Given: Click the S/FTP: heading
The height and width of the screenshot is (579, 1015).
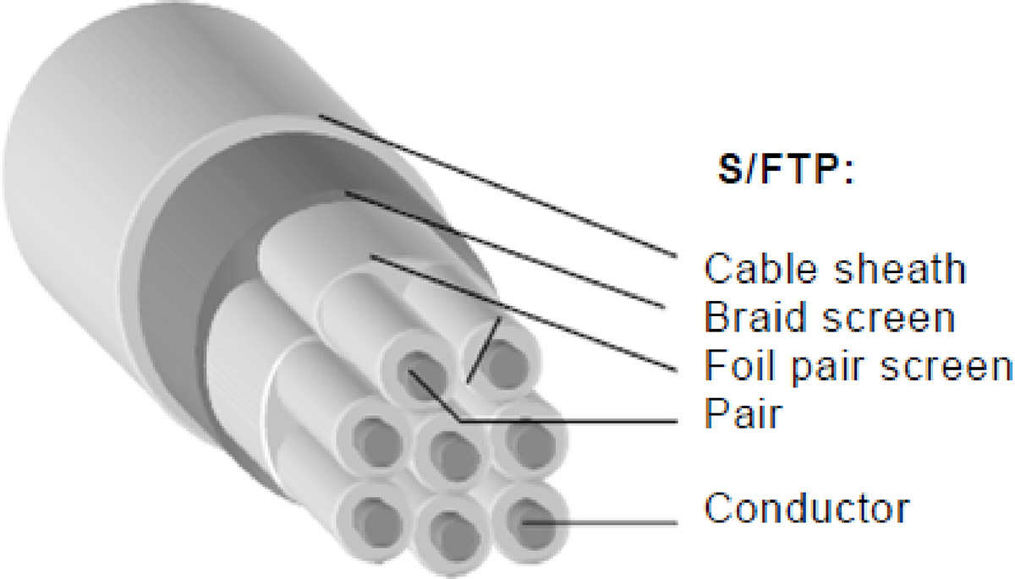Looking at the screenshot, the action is point(786,169).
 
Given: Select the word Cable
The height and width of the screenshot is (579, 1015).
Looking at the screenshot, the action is point(762,269).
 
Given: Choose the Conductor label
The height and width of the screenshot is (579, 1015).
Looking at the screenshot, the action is point(807,507).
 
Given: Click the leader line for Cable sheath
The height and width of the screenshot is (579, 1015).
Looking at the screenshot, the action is point(498,186).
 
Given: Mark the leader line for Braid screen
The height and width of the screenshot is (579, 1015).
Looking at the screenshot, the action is point(505,250).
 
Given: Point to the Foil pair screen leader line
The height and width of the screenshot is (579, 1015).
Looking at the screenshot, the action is point(524,314).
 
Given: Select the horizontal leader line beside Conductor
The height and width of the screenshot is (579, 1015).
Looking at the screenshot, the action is point(601,523).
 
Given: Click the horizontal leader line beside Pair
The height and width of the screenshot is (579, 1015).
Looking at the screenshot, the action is point(568,421).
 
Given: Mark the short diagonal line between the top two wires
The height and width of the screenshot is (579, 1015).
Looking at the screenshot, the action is point(484,349).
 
